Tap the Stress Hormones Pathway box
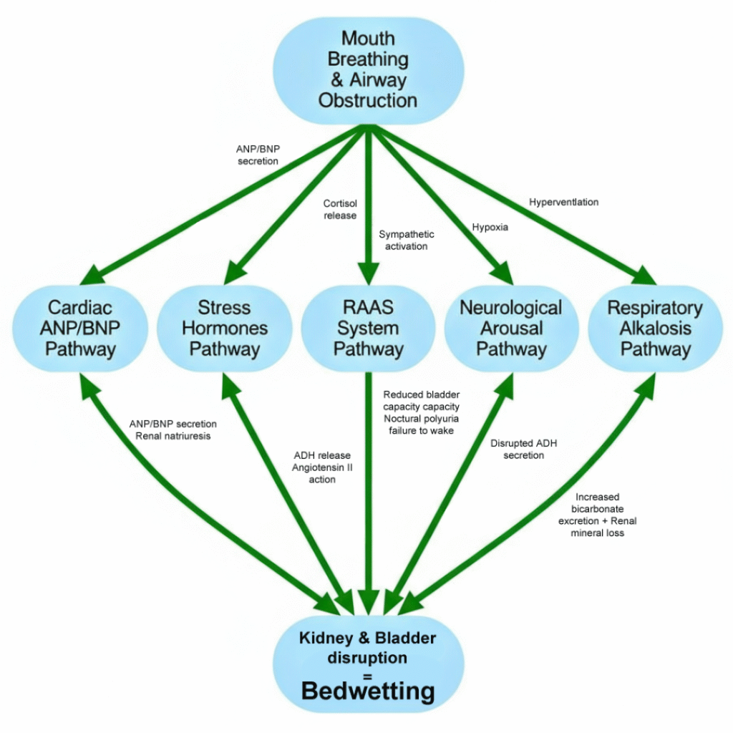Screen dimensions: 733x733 (225, 329)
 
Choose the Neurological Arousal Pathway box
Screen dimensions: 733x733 (510, 329)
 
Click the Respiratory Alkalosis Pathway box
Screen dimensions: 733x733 (654, 329)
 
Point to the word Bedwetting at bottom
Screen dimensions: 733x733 (368, 691)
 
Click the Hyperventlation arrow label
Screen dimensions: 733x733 (563, 202)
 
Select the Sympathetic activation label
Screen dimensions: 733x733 (406, 241)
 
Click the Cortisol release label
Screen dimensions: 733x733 (339, 210)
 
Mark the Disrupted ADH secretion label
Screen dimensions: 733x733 (523, 450)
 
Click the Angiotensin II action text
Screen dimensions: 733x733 (322, 473)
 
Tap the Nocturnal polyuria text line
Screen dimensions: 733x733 (421, 418)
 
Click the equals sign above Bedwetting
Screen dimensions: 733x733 (368, 673)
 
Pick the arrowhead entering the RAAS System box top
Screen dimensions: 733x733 (368, 276)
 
